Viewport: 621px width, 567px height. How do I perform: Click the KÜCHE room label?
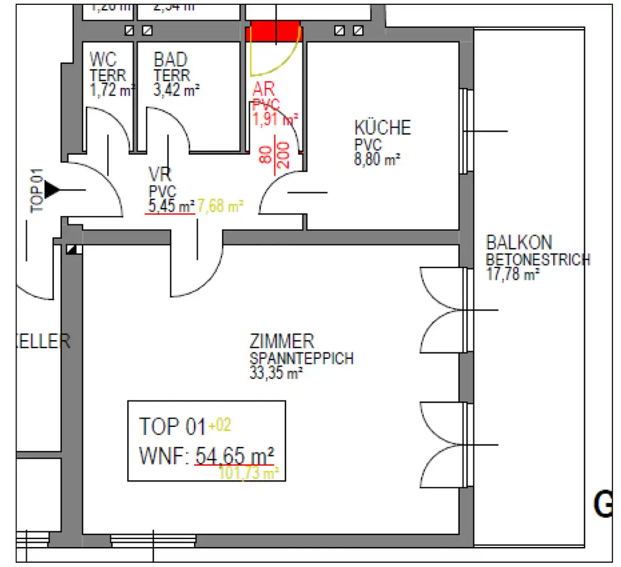point(382,128)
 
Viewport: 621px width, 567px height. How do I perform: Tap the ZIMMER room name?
point(282,341)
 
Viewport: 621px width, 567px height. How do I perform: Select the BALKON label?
point(519,243)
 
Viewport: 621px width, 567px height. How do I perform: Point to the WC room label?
point(103,60)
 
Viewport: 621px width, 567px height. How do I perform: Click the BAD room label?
point(170,60)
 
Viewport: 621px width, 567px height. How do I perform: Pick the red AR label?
point(266,90)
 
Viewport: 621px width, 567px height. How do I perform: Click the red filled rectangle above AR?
point(275,31)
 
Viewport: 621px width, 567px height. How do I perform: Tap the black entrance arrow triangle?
point(53,190)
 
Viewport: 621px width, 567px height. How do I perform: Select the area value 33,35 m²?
point(276,374)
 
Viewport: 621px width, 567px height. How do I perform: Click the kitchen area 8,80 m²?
point(378,161)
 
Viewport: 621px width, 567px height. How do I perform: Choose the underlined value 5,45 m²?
point(171,206)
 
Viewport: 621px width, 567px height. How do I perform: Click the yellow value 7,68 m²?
point(220,206)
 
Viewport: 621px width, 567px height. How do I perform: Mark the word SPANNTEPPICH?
point(301,358)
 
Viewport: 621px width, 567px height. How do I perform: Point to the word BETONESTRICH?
point(538,260)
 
